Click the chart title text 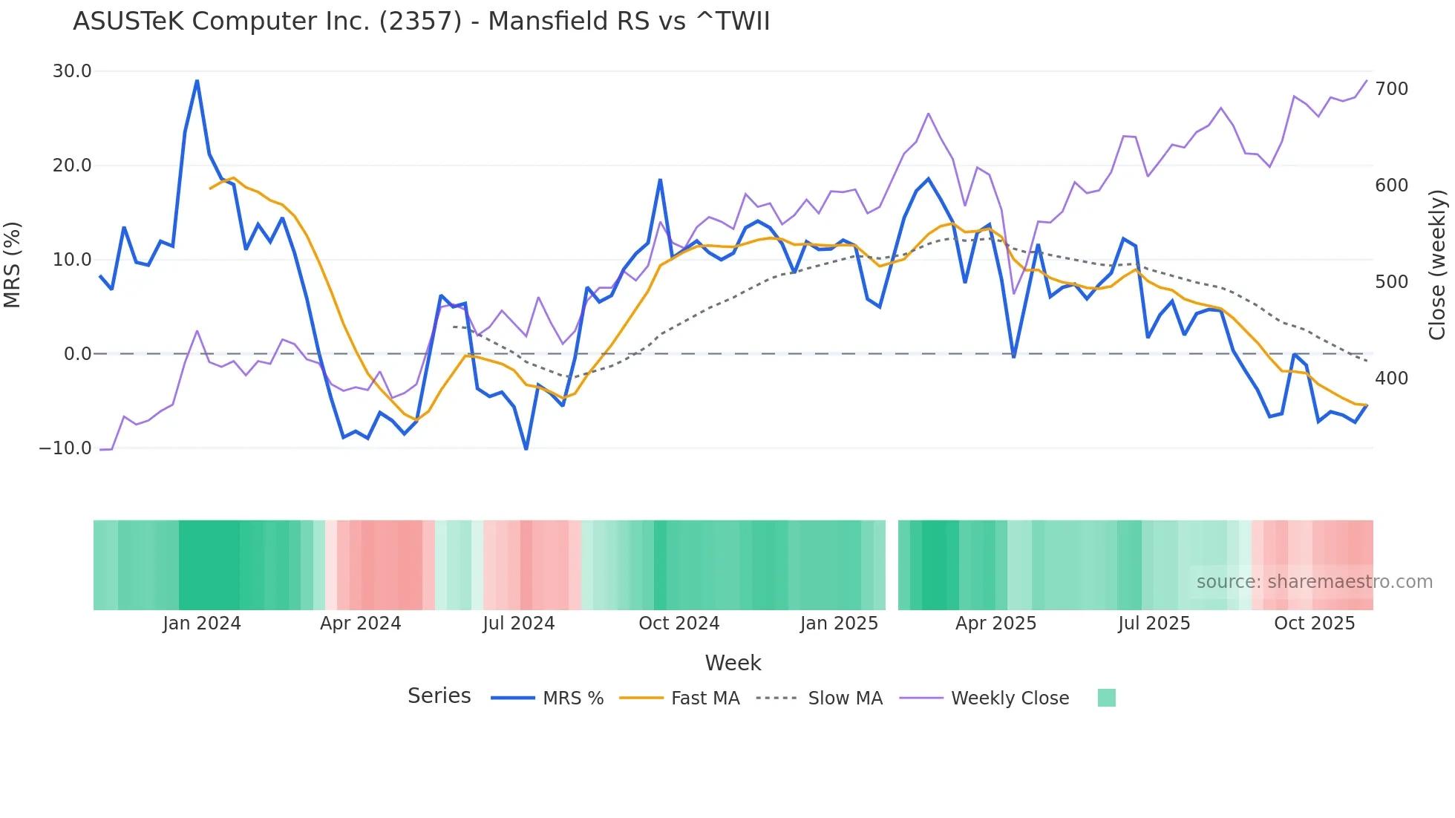[x=421, y=22]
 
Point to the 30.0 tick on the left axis [x=72, y=71]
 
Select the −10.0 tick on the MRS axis [x=65, y=448]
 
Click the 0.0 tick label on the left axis [x=77, y=354]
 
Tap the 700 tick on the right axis [x=1391, y=89]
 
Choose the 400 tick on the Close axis [x=1391, y=379]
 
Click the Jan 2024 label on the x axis [x=202, y=624]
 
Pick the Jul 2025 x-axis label [x=1154, y=624]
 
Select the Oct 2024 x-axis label [x=679, y=624]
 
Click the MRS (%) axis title [x=13, y=264]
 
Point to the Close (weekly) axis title [x=1437, y=264]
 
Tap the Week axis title [x=733, y=663]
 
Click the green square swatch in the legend [x=1106, y=698]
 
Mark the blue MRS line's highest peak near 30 [x=197, y=80]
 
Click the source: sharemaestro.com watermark [x=1314, y=582]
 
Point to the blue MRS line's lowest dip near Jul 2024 [x=526, y=448]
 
